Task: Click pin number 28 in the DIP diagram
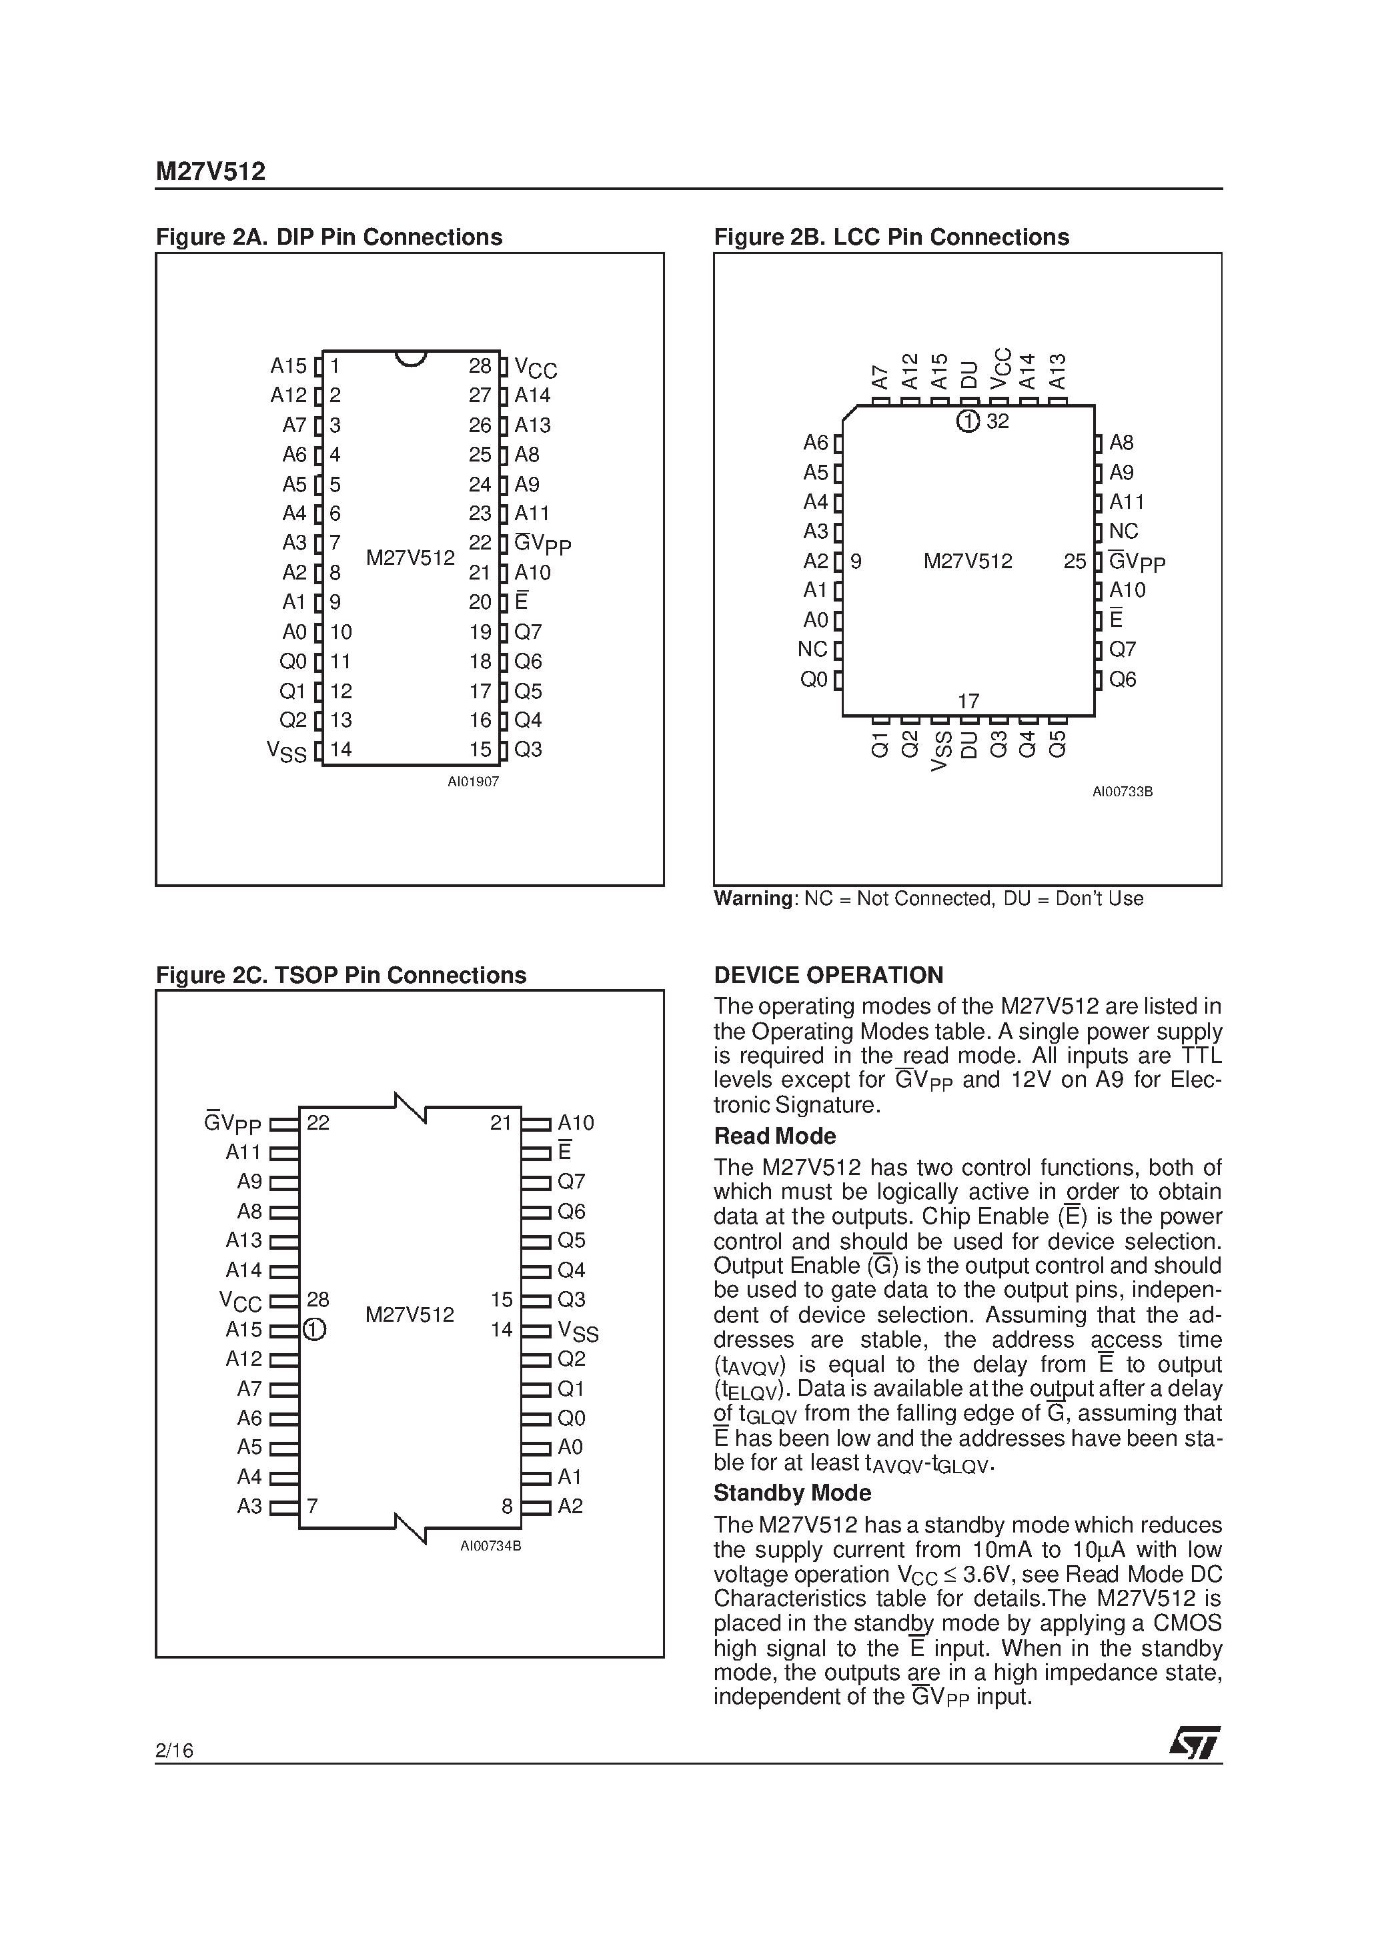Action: coord(480,366)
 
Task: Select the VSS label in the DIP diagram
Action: coord(286,751)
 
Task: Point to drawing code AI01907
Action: coord(473,782)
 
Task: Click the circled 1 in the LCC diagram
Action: coord(968,421)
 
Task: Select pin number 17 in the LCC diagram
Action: coord(968,702)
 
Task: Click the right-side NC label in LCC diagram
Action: coord(1123,532)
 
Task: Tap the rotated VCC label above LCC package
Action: coord(1002,369)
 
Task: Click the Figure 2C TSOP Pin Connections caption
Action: coord(341,975)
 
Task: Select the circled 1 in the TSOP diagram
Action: coord(314,1329)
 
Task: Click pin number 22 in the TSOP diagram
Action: coord(317,1123)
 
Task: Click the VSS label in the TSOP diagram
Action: coord(578,1331)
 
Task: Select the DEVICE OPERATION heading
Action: coord(828,975)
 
